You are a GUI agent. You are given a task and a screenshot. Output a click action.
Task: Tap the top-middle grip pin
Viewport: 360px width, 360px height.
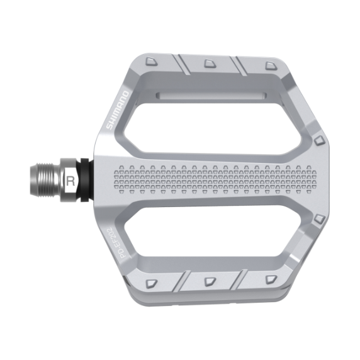coord(208,63)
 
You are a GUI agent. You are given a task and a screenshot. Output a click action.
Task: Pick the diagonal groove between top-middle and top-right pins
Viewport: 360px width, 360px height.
coord(239,64)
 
